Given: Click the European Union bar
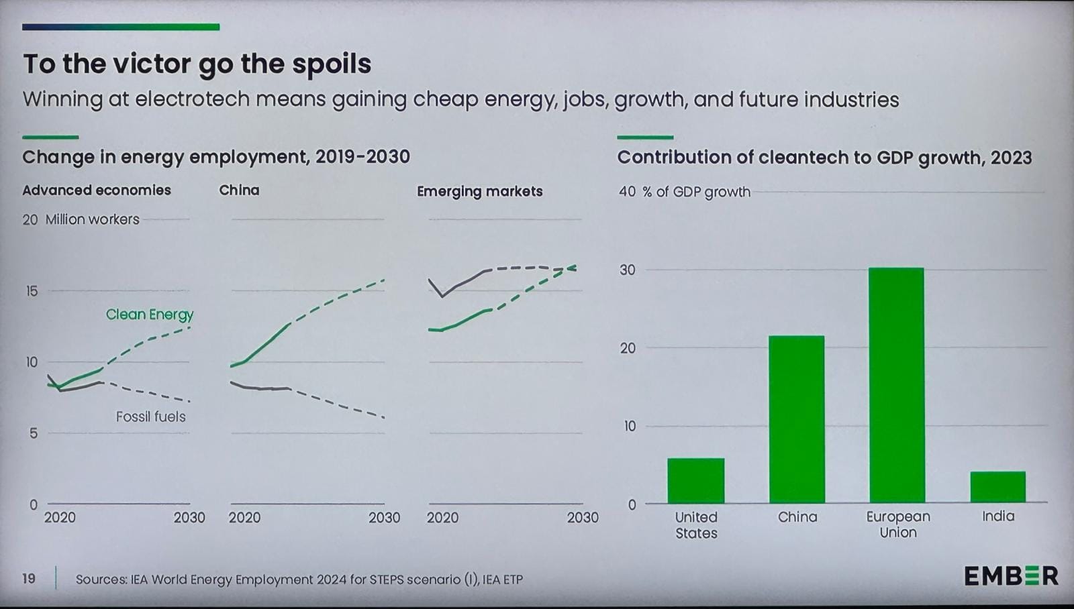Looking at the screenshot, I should pos(896,386).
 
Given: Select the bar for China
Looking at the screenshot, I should pos(796,419).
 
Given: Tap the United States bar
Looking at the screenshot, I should pos(695,480).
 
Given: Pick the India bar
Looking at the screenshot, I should pos(997,487).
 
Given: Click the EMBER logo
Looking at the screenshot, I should pos(1011,576).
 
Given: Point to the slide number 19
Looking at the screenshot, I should pos(29,578).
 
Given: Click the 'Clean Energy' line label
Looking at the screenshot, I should pos(150,315).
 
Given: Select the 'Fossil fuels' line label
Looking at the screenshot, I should pos(150,417).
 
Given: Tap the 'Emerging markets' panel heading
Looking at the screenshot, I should pos(479,191).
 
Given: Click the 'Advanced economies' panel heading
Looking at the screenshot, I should pos(97,190).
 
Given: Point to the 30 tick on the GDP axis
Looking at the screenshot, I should pos(627,270).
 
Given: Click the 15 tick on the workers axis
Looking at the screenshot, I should pos(32,291).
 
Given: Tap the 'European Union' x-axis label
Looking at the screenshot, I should pos(897,524).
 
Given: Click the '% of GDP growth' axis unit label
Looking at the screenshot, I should pos(696,192).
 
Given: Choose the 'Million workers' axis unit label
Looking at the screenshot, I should pos(93,219).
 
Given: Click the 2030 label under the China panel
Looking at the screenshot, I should pos(384,518).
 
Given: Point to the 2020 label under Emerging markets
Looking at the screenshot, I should pos(442,518).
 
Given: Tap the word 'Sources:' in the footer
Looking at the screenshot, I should pos(101,579).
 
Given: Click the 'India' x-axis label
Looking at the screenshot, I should pos(997,516).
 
